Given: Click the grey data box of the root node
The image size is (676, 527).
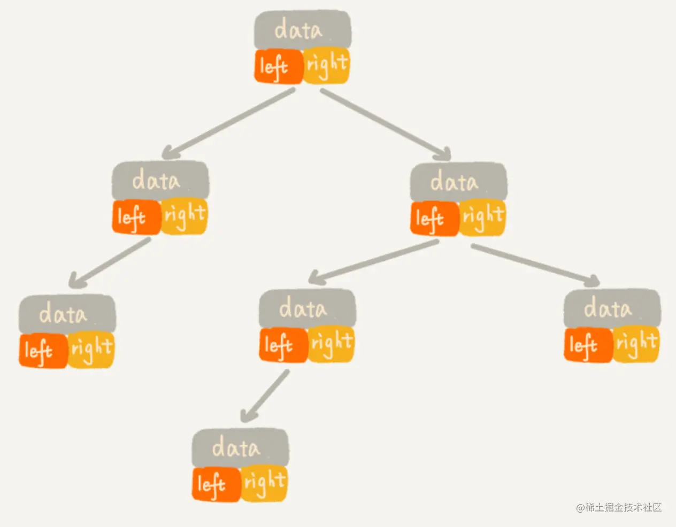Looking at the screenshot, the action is coord(303,30).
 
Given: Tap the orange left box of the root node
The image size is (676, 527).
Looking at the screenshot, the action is coord(278,66).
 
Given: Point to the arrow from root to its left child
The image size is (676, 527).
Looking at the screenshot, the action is coord(230,122).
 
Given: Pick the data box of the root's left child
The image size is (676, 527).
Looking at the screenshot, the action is coord(160,181).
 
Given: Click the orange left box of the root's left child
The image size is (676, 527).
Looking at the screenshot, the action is coord(136,217).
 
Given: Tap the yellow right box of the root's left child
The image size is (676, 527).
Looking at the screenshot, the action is coord(184,217).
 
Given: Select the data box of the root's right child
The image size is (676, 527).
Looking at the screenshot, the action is coord(458,182).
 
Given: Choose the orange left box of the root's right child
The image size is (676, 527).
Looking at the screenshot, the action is coord(434,218).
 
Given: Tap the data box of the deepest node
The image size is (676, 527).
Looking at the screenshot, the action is coord(240,447).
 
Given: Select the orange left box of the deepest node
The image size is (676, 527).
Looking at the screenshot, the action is coord(216,484).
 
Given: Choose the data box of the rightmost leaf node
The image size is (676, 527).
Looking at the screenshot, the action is coord(612,308).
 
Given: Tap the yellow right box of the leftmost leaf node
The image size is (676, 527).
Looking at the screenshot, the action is coord(91,350).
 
